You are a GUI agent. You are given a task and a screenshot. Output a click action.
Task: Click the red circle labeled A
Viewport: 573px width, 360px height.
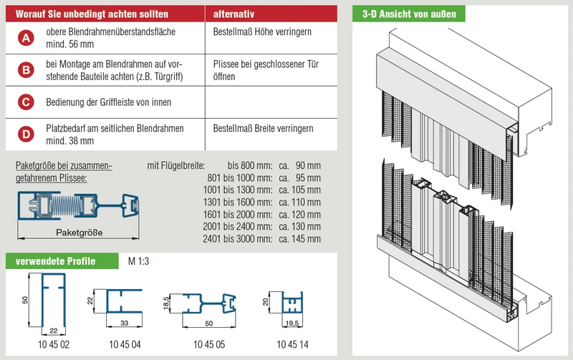point(26,38)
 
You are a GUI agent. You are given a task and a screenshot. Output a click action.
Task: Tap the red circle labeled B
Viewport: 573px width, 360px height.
point(26,70)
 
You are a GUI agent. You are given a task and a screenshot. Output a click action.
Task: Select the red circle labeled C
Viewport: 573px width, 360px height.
point(26,102)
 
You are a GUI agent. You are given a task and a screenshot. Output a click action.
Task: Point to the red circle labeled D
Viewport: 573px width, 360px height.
point(26,135)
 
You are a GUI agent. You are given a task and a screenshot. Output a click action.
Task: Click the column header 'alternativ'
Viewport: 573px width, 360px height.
point(233,14)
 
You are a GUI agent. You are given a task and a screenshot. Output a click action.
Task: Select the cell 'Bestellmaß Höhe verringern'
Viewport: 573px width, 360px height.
point(262,31)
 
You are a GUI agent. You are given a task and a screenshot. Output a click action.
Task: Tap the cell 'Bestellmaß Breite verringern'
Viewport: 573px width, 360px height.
point(263,129)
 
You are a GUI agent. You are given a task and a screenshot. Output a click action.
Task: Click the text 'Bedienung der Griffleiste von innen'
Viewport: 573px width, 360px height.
point(109,102)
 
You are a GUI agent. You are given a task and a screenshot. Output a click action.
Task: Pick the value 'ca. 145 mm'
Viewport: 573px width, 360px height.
point(299,239)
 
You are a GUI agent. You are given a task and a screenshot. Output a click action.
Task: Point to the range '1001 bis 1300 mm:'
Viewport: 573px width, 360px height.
point(238,190)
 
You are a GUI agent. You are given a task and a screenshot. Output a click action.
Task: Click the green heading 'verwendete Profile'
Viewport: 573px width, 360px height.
point(55,261)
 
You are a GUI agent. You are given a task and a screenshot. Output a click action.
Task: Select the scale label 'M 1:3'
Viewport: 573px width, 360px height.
point(138,261)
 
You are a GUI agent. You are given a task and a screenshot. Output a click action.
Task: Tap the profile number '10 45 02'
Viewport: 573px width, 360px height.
point(54,344)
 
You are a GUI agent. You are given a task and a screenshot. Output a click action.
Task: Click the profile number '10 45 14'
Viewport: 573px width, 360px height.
point(292,344)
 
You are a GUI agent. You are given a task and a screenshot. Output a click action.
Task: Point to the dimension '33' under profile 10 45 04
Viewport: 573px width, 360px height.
point(124,323)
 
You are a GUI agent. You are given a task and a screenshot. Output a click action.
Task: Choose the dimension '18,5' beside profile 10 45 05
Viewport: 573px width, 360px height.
point(166,303)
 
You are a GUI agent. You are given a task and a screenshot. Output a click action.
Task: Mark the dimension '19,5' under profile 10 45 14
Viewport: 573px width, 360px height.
point(292,323)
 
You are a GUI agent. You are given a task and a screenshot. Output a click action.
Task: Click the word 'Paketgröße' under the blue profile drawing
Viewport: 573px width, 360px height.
point(79,233)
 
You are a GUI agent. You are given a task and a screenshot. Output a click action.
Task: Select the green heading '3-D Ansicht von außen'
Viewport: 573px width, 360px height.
point(409,14)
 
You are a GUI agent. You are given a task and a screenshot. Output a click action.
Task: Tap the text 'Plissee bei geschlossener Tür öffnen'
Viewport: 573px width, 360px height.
point(266,70)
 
